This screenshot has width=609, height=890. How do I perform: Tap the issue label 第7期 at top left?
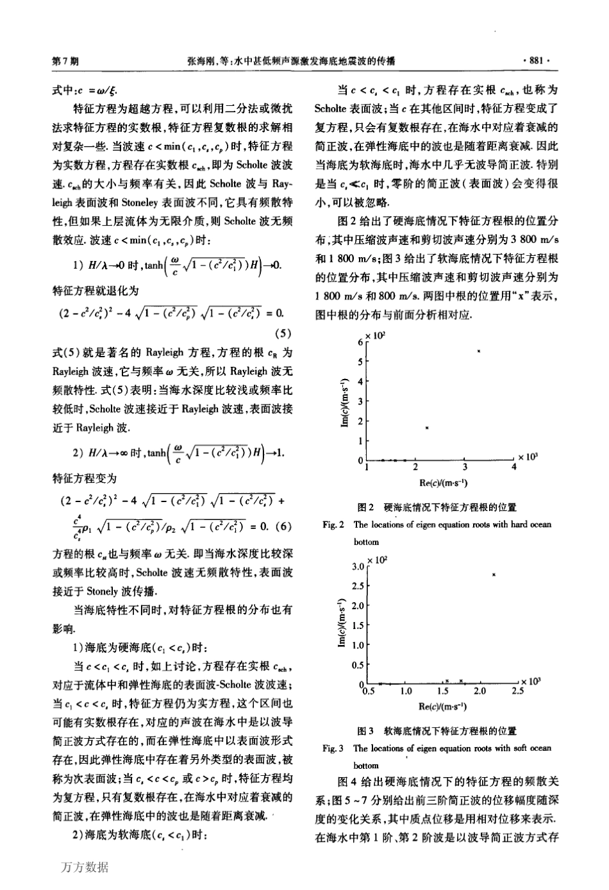pyautogui.click(x=64, y=61)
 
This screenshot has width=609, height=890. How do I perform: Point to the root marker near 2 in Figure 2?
pyautogui.click(x=427, y=428)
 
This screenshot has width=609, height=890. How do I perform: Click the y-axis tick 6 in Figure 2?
pyautogui.click(x=360, y=342)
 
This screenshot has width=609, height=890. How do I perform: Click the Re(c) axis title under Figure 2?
pyautogui.click(x=441, y=483)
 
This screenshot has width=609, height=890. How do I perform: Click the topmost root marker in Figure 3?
pyautogui.click(x=494, y=575)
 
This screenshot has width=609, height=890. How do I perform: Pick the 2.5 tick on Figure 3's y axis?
pyautogui.click(x=358, y=586)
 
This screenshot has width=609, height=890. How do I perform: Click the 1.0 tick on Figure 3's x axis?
pyautogui.click(x=405, y=692)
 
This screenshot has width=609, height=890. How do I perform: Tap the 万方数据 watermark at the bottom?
pyautogui.click(x=85, y=867)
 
